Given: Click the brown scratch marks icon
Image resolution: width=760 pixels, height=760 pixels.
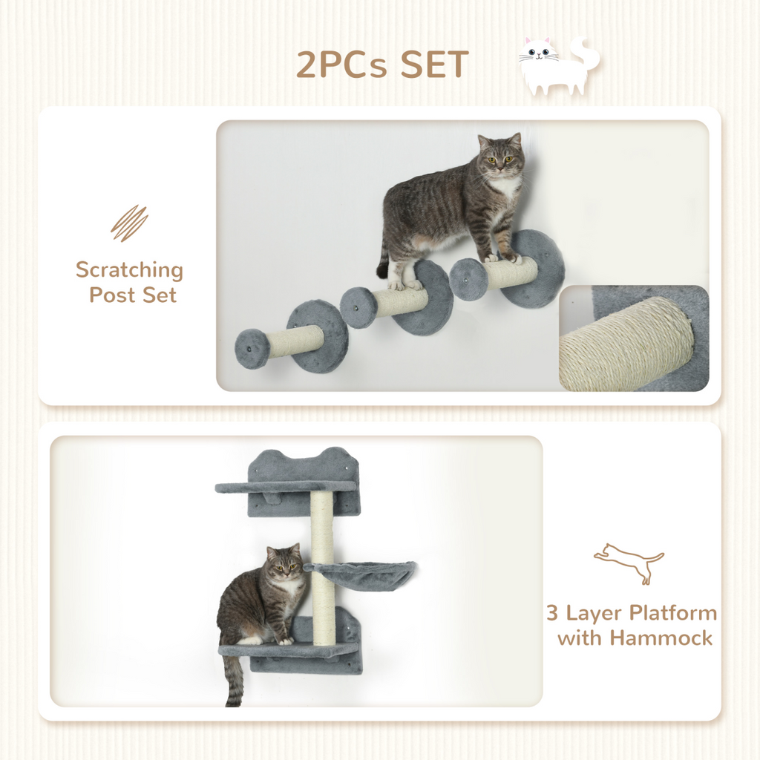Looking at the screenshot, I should [129, 223].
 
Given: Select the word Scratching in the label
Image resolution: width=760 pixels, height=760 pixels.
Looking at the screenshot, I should [129, 270].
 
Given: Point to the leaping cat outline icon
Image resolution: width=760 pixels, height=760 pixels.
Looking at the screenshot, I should [629, 562].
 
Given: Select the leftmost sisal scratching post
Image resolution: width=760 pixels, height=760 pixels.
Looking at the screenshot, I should [295, 341].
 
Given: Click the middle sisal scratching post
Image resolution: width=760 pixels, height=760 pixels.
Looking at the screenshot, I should [401, 301].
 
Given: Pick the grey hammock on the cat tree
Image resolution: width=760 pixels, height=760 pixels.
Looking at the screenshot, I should [361, 574].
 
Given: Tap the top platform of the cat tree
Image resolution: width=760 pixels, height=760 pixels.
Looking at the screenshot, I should [286, 487].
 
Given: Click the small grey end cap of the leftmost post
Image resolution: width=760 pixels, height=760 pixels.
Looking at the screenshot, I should [252, 349].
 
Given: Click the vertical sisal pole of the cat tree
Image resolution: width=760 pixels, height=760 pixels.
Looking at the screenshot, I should [322, 564].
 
